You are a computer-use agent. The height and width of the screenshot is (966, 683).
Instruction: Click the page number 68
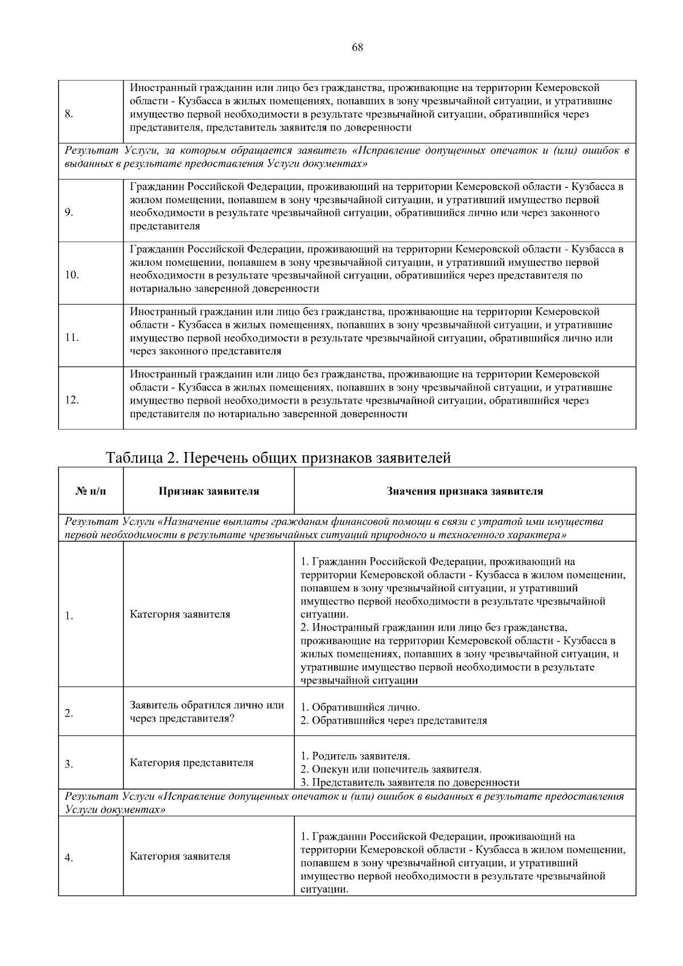tap(357, 48)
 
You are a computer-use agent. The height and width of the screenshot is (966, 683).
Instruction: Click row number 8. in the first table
tap(69, 114)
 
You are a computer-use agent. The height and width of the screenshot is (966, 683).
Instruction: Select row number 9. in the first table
tap(69, 212)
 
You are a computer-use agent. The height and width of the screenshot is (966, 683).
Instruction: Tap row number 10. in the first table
tap(72, 275)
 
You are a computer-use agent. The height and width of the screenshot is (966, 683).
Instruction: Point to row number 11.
tap(72, 338)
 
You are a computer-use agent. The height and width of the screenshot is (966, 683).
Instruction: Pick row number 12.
tap(72, 400)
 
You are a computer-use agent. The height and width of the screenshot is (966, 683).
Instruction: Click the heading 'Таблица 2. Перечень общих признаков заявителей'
tap(278, 458)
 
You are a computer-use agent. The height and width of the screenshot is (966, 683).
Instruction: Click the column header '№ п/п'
tap(90, 491)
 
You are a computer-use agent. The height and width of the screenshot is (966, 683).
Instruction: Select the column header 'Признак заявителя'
tap(208, 491)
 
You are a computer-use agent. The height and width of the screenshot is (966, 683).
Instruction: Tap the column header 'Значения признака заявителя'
tap(464, 491)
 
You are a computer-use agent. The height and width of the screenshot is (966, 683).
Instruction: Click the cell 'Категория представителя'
tap(191, 763)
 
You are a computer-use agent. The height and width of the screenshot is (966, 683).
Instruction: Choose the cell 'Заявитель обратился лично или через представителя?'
tap(207, 712)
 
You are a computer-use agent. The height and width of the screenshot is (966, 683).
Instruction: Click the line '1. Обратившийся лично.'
tap(360, 708)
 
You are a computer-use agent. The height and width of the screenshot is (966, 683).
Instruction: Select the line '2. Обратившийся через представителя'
tap(393, 721)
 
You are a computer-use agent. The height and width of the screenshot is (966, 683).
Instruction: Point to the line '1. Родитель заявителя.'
tap(355, 756)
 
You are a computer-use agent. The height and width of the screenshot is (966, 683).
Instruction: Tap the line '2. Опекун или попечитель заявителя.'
tap(390, 769)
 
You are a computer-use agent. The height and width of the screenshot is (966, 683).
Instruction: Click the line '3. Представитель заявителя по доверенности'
tap(410, 782)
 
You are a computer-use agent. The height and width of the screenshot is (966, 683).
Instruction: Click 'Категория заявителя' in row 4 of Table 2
tap(180, 856)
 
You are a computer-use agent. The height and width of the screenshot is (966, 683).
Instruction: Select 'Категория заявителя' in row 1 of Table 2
tap(180, 614)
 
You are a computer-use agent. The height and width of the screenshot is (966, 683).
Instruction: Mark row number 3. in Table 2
tap(69, 764)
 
